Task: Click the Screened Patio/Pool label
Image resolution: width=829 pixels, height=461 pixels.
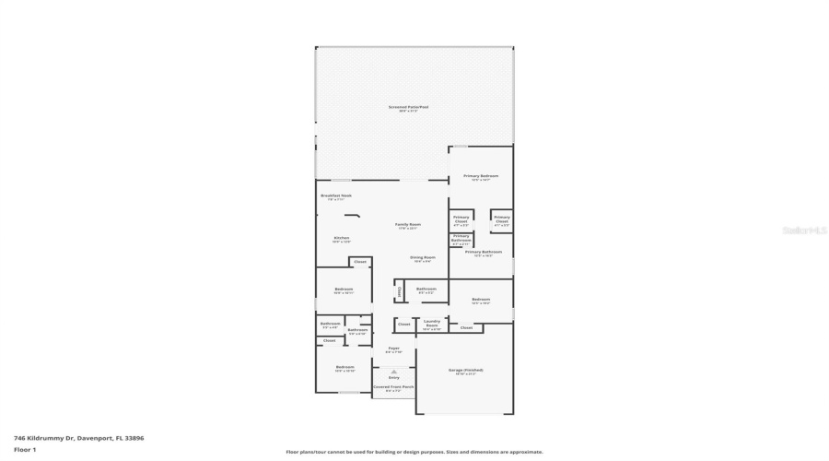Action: pos(408,108)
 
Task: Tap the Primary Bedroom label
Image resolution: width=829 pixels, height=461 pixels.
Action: pos(481,177)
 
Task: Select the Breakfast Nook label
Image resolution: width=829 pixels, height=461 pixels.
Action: pos(335,196)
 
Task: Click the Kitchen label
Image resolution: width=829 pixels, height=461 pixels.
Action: pos(342,239)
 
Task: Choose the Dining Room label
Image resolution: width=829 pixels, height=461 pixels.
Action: pos(424,259)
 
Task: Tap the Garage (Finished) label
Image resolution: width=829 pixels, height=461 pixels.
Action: pos(465,371)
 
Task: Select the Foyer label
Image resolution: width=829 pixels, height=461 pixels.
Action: pos(393,349)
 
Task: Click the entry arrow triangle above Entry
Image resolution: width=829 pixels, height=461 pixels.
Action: pos(393,371)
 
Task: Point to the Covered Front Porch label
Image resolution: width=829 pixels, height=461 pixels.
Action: pos(393,388)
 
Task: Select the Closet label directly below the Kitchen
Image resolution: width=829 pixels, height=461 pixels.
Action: pos(360,262)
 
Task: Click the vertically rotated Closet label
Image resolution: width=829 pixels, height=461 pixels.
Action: pos(399,291)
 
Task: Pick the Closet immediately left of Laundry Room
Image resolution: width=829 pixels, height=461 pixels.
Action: pos(403,325)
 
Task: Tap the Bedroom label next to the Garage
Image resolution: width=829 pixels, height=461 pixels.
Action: pos(481,300)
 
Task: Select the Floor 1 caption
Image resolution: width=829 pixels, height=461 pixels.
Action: pos(25,450)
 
